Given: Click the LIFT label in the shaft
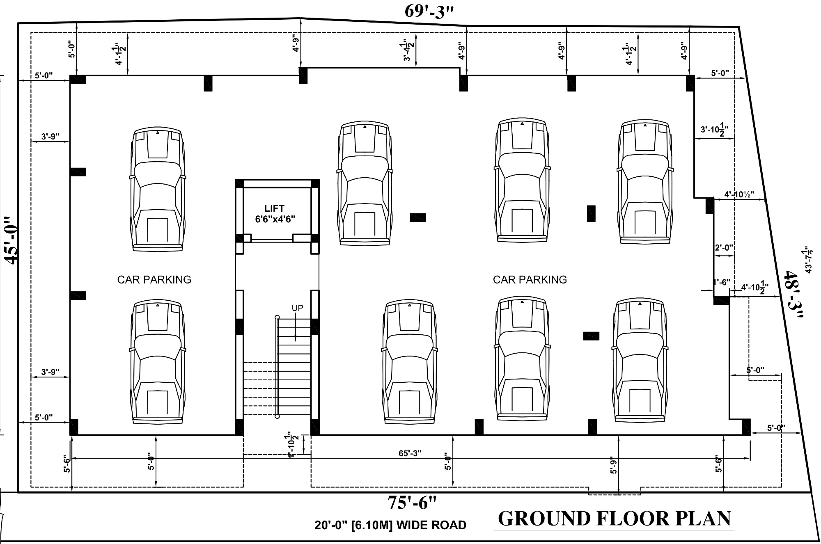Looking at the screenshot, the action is (274, 208).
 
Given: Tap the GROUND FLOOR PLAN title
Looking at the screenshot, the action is (615, 519).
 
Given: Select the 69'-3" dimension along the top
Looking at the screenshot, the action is (429, 11).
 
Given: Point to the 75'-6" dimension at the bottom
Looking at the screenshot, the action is (412, 503).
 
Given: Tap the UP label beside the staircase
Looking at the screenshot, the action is (297, 308).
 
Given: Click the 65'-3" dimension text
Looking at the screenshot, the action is (410, 453).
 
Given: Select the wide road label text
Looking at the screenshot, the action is (390, 525).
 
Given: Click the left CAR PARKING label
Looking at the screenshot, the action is (154, 280).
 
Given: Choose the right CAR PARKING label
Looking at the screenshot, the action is (530, 280).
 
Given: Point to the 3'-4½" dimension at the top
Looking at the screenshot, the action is (407, 50).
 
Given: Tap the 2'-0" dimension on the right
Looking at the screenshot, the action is (724, 248).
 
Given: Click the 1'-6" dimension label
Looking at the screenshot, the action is (721, 282).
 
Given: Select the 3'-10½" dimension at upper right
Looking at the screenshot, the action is (717, 130).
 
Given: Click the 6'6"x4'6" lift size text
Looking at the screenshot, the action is (275, 219).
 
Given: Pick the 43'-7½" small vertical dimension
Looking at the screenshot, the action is (808, 259).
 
